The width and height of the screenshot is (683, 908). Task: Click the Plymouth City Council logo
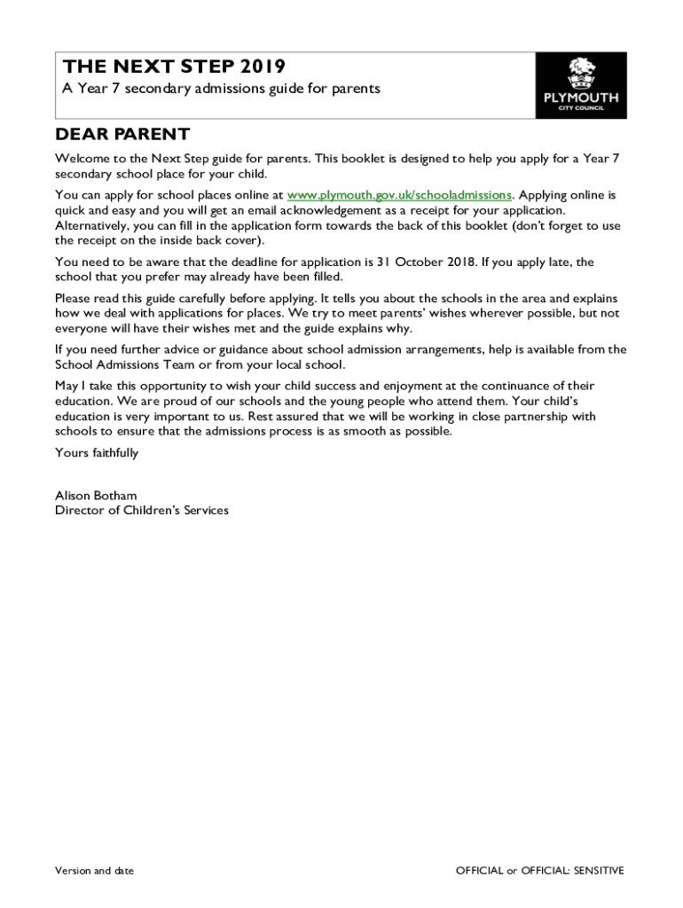coord(580,85)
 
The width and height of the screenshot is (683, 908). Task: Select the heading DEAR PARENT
coord(122,135)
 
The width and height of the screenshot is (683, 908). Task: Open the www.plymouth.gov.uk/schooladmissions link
coord(399,194)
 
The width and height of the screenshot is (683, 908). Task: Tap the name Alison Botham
coord(96,496)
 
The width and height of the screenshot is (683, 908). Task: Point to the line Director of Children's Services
coord(142,511)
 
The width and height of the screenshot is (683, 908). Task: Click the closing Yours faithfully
coord(97,453)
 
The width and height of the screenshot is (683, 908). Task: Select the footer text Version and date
coord(94,871)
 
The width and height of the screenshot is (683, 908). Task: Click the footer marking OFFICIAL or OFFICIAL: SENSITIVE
coord(539,871)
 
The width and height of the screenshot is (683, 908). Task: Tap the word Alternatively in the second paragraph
coord(91,226)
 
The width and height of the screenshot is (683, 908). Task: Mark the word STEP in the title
coord(200,67)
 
